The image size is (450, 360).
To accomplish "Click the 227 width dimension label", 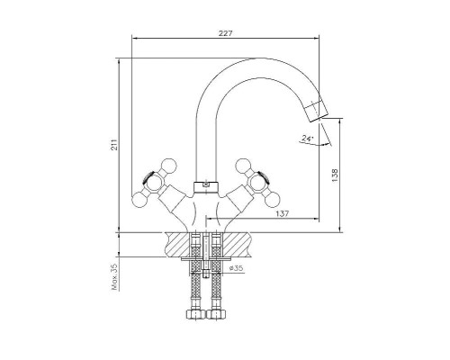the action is [x=225, y=33].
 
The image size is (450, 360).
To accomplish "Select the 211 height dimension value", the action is [x=114, y=145].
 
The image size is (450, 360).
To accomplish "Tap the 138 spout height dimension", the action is [x=335, y=175].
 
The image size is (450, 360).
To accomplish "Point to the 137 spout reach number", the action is [x=283, y=213].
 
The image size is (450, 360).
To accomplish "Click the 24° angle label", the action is [x=308, y=139].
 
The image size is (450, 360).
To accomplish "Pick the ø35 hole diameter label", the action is [x=236, y=268].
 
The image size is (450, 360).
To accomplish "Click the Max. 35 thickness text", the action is [x=114, y=276].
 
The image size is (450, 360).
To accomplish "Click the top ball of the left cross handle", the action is [x=169, y=166].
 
